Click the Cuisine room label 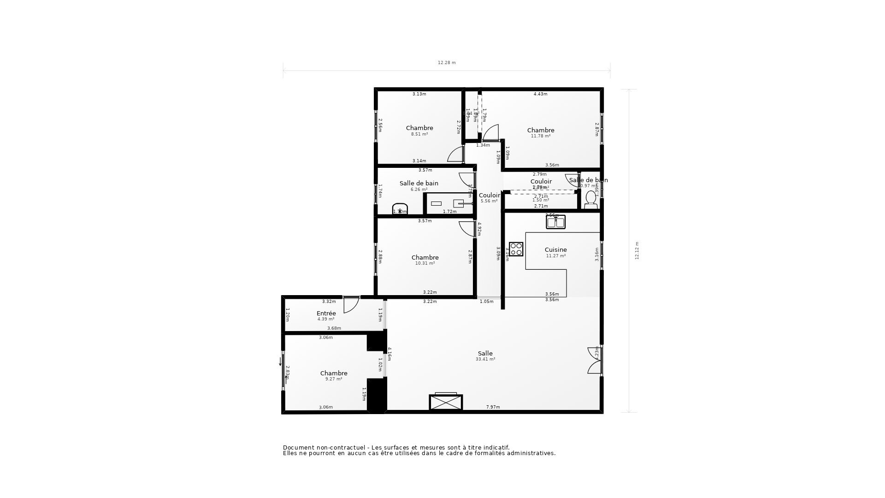point(555,250)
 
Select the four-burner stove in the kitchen point(516,249)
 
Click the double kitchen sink point(555,223)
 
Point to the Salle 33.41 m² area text point(485,359)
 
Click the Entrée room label point(326,314)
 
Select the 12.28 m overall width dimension point(446,63)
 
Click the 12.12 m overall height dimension point(637,250)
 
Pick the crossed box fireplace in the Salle point(446,402)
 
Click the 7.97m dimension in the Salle point(493,407)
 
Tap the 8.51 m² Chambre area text point(419,134)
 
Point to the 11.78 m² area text point(541,136)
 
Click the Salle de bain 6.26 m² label point(419,184)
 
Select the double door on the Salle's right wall point(595,360)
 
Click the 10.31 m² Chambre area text point(425,263)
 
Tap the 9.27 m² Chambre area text point(334,379)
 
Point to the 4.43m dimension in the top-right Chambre point(540,94)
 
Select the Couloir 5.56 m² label point(489,196)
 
